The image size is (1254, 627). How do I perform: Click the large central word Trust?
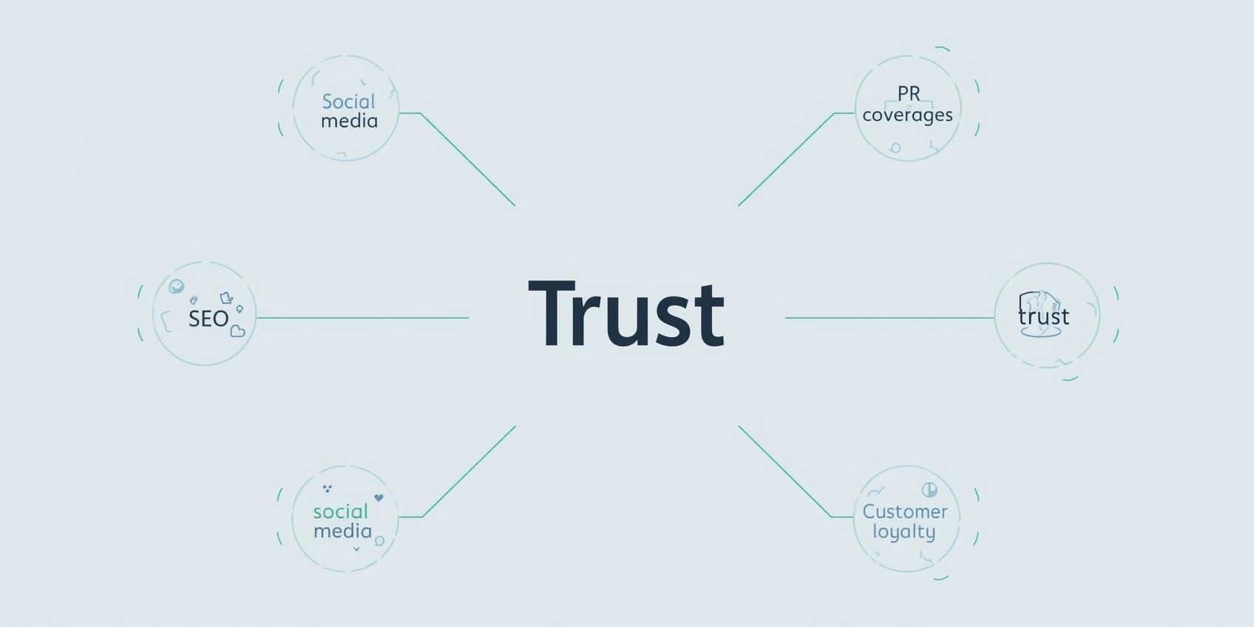pos(626,314)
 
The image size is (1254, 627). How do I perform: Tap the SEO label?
pos(209,319)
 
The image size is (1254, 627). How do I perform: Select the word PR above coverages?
pos(909,94)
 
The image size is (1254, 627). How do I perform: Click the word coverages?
pos(907,115)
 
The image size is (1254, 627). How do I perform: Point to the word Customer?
pos(905,512)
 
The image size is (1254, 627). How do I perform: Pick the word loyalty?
pos(904,532)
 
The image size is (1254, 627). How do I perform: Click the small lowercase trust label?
pos(1043,316)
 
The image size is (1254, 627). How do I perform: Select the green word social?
pos(340,512)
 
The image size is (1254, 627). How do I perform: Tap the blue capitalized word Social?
pos(348,101)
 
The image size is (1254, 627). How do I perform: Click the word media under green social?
pos(342,531)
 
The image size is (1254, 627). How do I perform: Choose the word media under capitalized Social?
pos(349,121)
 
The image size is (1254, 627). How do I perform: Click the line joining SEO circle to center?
pos(362,318)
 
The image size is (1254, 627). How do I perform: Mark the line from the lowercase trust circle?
pos(887,318)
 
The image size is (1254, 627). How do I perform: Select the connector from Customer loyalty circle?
pos(784,470)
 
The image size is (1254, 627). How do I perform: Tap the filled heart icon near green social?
pos(379,498)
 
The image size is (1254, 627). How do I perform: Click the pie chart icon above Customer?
pos(929,489)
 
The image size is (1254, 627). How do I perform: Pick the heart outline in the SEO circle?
pos(237,331)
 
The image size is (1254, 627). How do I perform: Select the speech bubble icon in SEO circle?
pos(176,286)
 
